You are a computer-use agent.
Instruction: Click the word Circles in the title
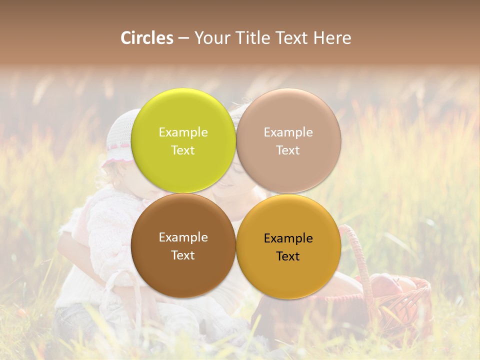pos(147,38)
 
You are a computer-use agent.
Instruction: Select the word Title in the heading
pos(253,38)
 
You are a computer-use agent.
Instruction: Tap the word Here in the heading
pos(332,38)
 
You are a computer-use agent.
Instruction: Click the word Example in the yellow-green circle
pos(183,132)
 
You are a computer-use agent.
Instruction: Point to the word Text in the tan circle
pos(288,150)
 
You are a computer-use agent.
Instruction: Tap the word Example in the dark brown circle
pos(183,237)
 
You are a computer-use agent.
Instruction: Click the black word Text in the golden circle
pos(288,256)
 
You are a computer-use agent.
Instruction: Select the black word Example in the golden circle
pos(288,238)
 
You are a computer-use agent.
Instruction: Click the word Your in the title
pos(212,38)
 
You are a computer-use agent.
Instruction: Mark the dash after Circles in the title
pos(183,38)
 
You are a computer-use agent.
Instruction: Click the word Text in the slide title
pos(292,38)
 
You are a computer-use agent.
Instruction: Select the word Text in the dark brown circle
pos(183,255)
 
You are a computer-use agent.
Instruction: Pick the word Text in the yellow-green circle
pos(183,150)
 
